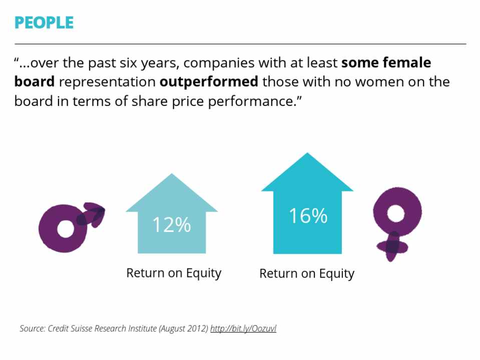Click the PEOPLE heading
pos(44,22)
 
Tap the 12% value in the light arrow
pos(172,225)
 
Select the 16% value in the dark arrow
pos(308,216)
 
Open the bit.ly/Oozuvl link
pos(243,328)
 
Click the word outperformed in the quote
pos(209,81)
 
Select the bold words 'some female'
pos(386,63)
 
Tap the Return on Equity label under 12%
pos(174,273)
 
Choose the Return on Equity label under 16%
pos(307,274)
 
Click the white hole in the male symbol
pos(65,229)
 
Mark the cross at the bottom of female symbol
pos(393,246)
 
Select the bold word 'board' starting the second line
pos(34,81)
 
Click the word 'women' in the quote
pos(380,81)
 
